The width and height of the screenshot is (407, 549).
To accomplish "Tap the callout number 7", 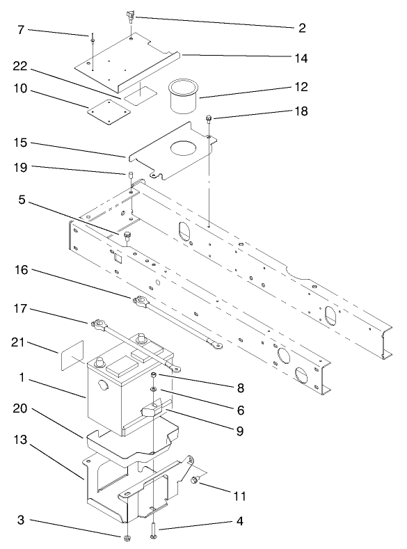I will click(x=20, y=30).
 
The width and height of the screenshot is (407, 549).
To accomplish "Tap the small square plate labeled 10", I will click(x=106, y=109).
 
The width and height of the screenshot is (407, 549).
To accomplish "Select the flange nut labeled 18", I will click(x=208, y=120).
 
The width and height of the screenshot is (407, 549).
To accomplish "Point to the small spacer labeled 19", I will click(x=129, y=173).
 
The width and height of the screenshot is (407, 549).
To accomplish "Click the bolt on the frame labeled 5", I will click(x=127, y=237).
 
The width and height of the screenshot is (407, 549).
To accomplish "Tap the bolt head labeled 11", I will click(x=197, y=479).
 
